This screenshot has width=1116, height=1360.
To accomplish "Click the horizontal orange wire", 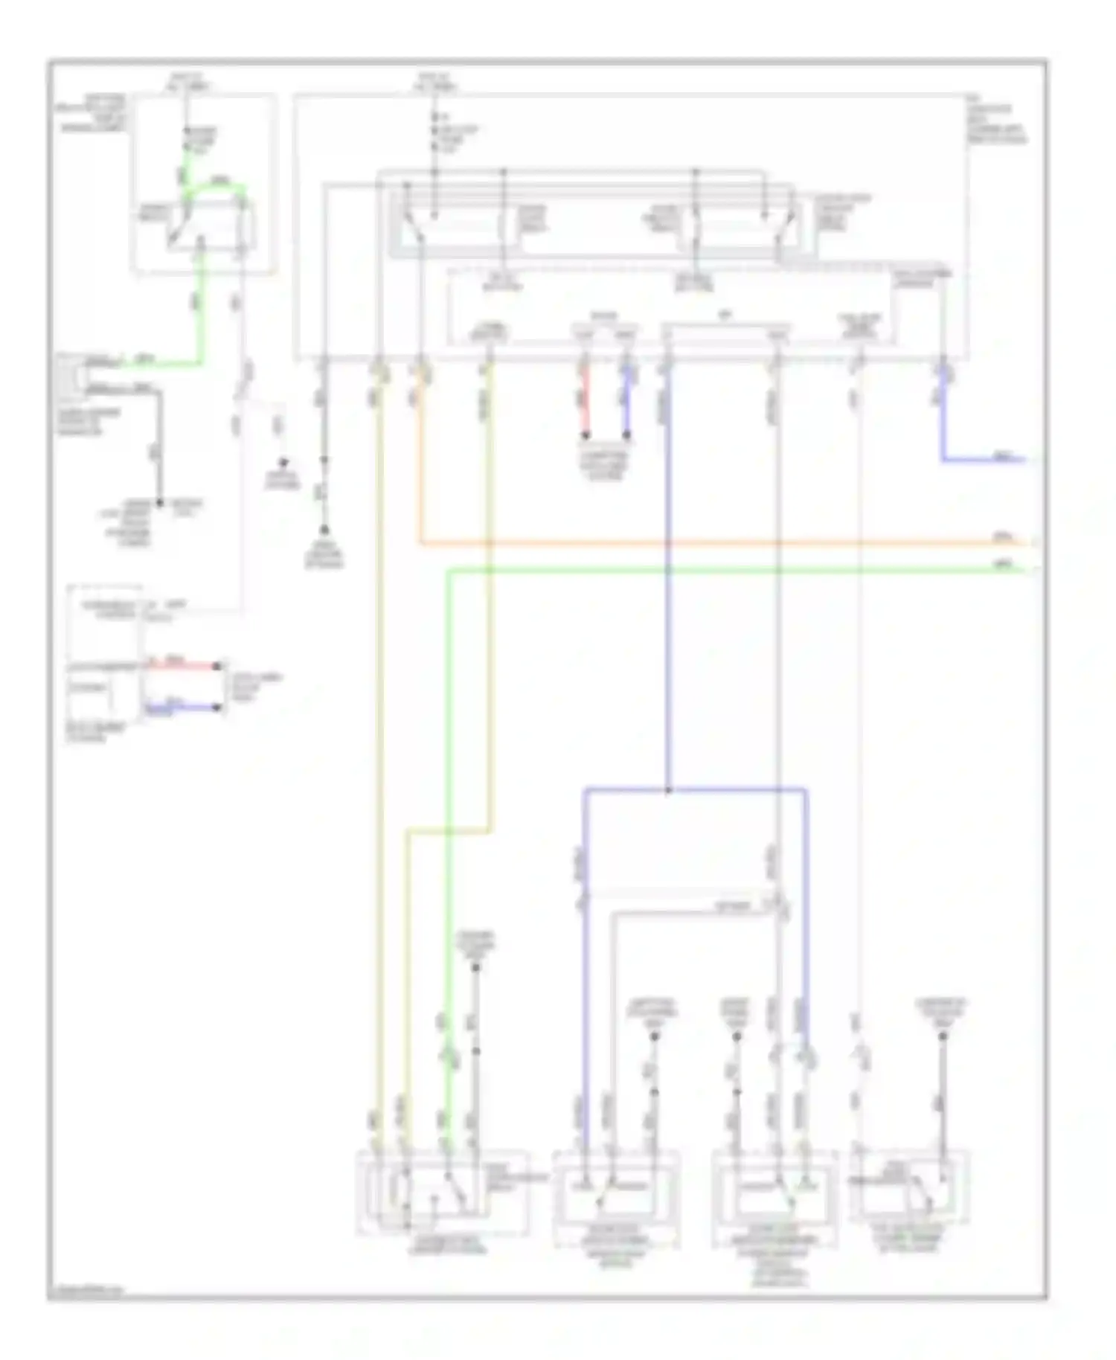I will pos(707,544).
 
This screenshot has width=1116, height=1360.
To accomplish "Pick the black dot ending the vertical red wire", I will pos(586,435).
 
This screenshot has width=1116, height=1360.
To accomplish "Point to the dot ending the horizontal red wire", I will pos(218,666).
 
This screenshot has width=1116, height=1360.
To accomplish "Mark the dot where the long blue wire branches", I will pos(667,790).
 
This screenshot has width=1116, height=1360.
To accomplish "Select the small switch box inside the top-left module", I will pos(211,225).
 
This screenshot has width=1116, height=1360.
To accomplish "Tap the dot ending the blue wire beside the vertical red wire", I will pos(626,435).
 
